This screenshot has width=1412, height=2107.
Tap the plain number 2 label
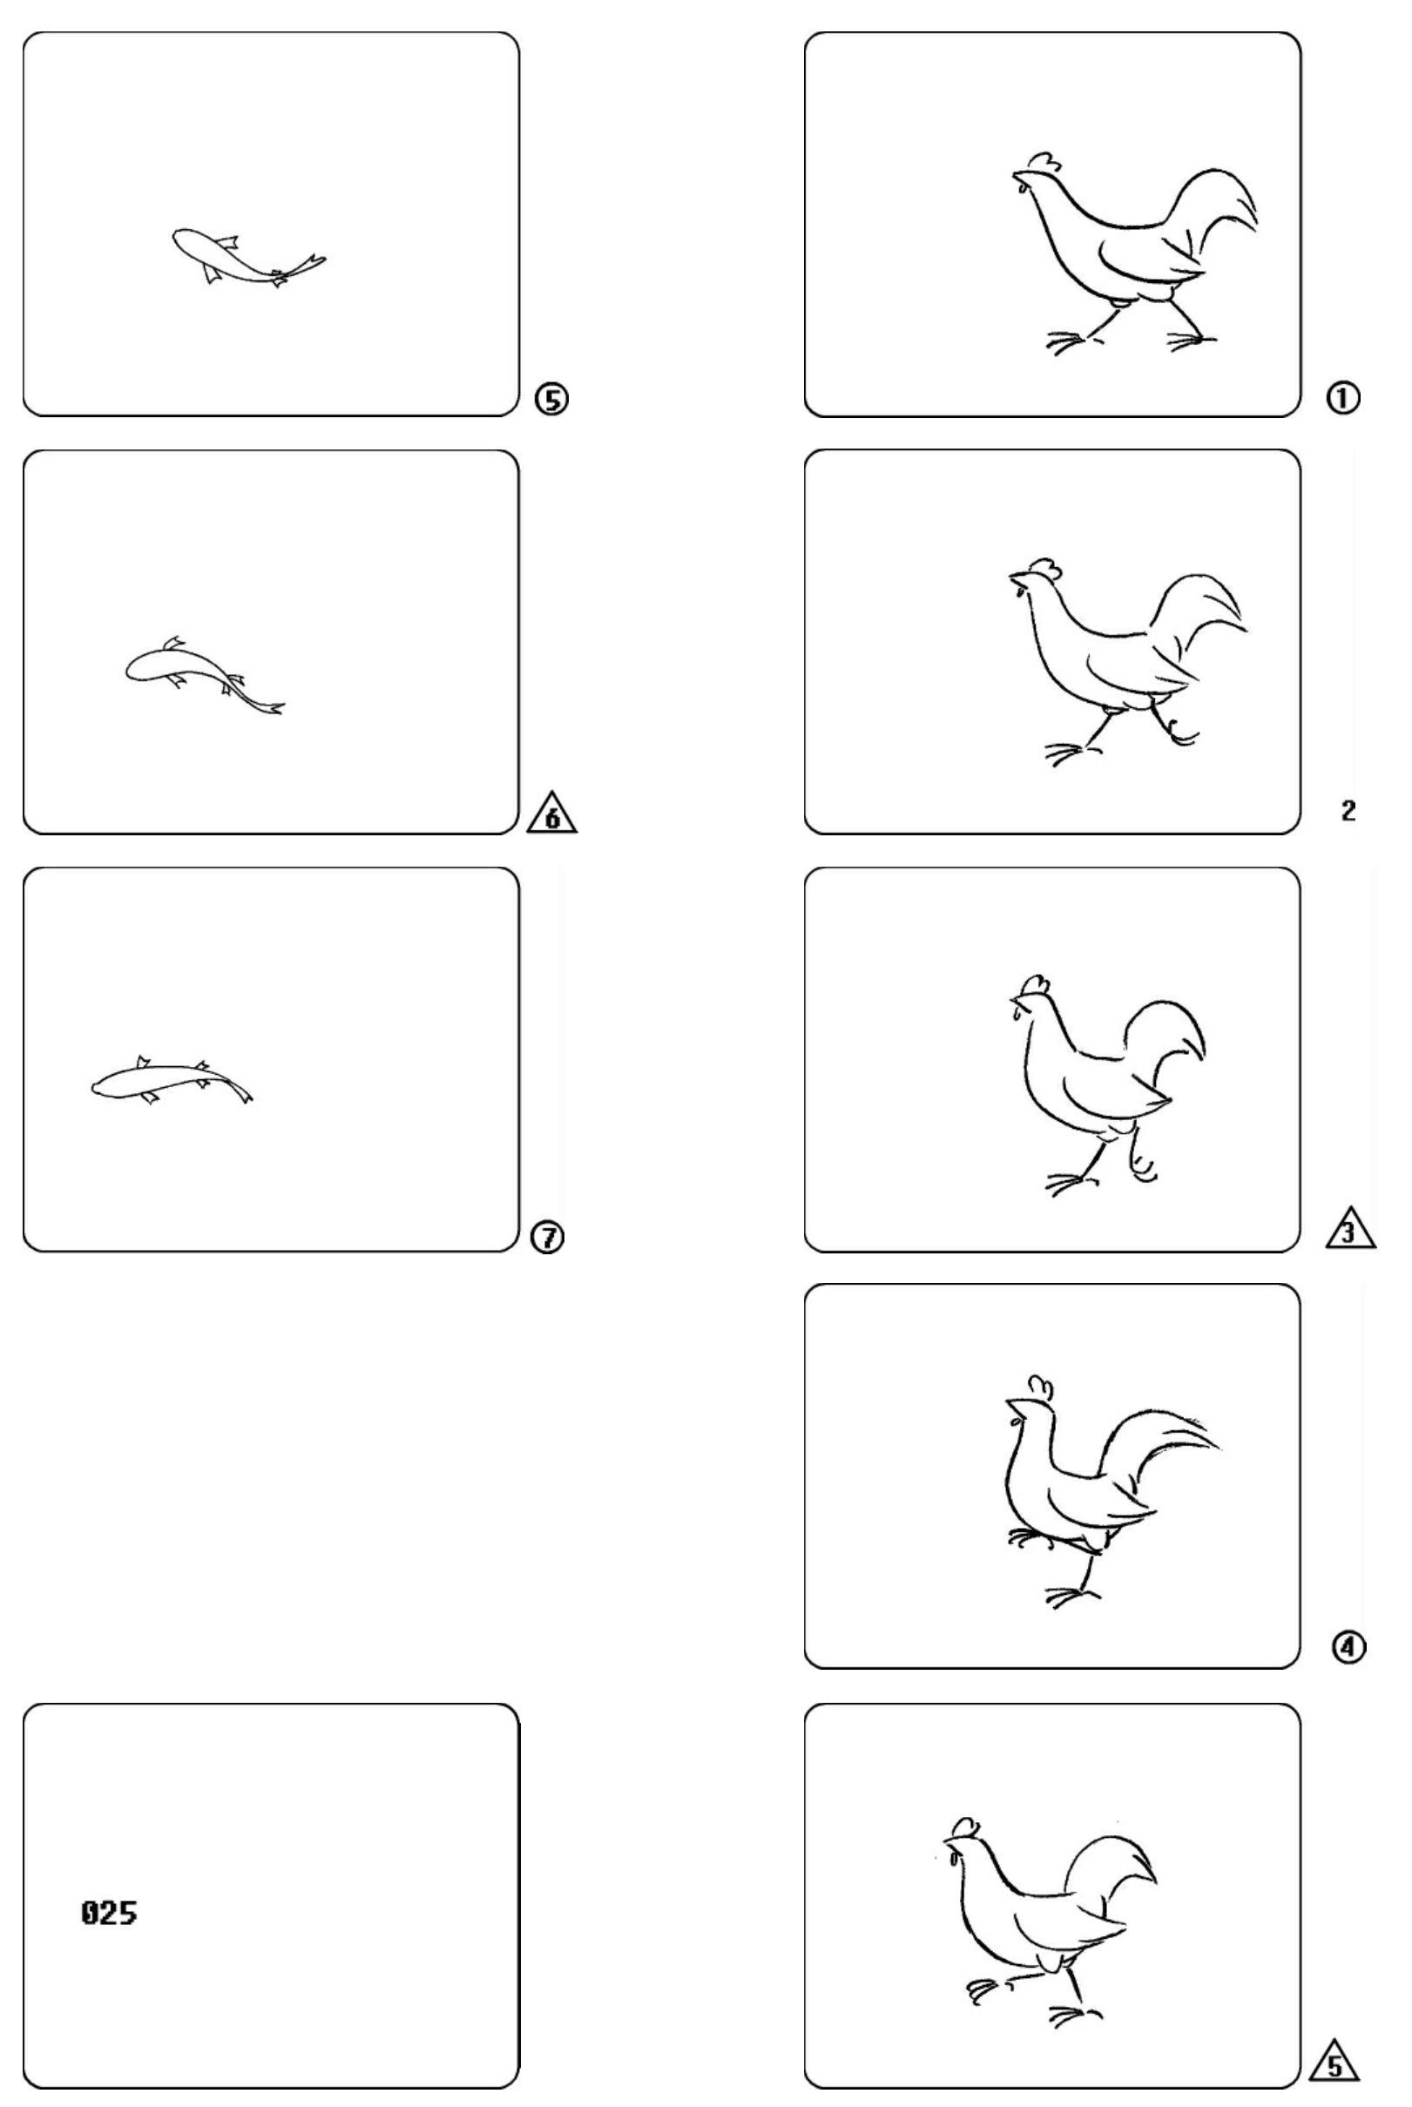pyautogui.click(x=1348, y=810)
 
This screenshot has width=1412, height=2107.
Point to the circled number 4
pyautogui.click(x=1349, y=1647)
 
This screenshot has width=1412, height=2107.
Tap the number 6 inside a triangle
pyautogui.click(x=552, y=814)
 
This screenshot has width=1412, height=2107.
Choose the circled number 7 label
pyautogui.click(x=548, y=1238)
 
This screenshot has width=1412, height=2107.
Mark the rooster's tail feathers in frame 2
pyautogui.click(x=1202, y=621)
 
